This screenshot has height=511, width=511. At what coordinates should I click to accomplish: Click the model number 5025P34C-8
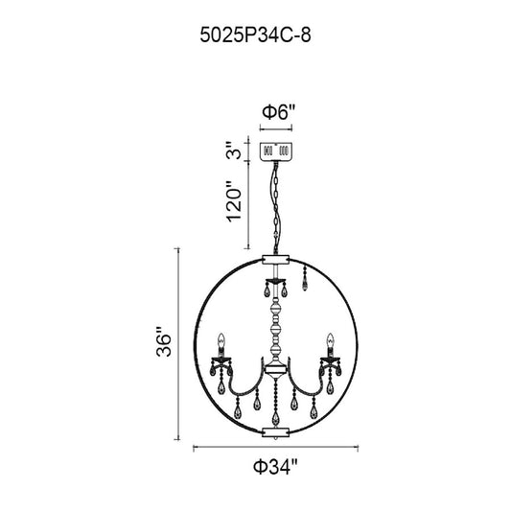click(x=255, y=35)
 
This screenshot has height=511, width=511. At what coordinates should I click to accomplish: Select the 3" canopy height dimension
click(x=234, y=150)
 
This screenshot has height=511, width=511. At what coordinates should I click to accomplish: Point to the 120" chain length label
click(x=234, y=202)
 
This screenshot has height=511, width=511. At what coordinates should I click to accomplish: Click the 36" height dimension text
click(x=164, y=341)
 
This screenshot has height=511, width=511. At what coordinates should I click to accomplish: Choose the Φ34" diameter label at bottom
click(x=276, y=467)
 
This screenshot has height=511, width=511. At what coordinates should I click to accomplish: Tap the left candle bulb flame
click(x=221, y=340)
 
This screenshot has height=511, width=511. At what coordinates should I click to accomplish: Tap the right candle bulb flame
click(x=330, y=340)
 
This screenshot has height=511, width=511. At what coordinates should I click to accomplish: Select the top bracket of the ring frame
click(x=276, y=259)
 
